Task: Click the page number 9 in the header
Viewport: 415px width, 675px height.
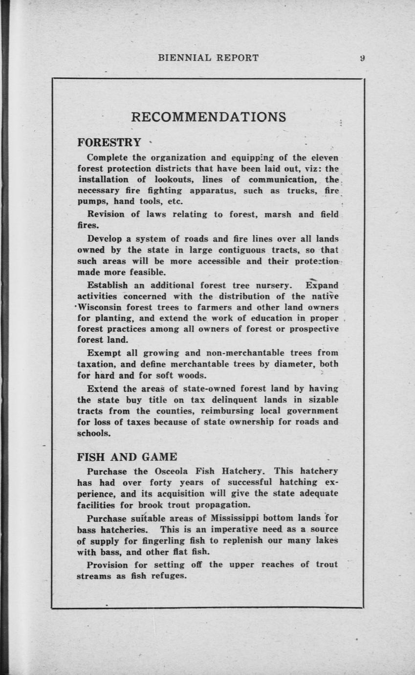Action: (x=362, y=58)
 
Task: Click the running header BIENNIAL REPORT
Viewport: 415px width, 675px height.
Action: (x=208, y=58)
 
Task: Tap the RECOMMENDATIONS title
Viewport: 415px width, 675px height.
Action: (x=209, y=117)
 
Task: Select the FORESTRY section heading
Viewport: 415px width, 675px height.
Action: (x=109, y=142)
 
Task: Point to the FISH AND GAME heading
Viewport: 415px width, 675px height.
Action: (x=127, y=457)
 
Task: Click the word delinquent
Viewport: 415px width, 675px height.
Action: (x=231, y=400)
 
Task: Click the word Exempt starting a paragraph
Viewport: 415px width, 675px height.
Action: (x=104, y=353)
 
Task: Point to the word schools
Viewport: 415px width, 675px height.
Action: (x=94, y=433)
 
